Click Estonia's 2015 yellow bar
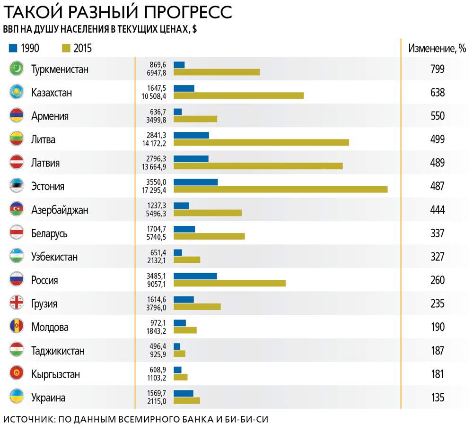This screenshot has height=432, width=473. click(x=280, y=190)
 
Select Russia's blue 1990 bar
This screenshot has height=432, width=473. click(x=195, y=276)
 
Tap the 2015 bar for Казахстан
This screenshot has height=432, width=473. click(x=238, y=95)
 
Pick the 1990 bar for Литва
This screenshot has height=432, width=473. click(x=191, y=135)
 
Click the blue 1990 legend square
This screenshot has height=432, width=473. click(x=13, y=48)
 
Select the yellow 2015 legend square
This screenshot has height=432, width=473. click(x=66, y=48)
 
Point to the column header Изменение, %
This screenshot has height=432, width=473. click(x=437, y=48)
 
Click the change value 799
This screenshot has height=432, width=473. click(x=438, y=69)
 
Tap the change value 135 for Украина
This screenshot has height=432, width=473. click(x=438, y=397)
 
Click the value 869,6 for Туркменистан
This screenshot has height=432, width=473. click(x=158, y=65)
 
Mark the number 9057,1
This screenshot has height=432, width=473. click(x=158, y=284)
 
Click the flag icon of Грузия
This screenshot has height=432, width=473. click(x=17, y=303)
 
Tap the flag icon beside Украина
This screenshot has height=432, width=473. click(x=17, y=397)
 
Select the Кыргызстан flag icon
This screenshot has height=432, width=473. click(x=17, y=374)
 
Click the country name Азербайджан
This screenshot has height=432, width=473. click(x=60, y=210)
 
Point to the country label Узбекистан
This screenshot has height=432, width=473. click(x=54, y=257)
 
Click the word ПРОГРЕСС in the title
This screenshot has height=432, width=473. click(x=184, y=11)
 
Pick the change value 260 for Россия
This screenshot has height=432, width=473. click(x=438, y=280)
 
